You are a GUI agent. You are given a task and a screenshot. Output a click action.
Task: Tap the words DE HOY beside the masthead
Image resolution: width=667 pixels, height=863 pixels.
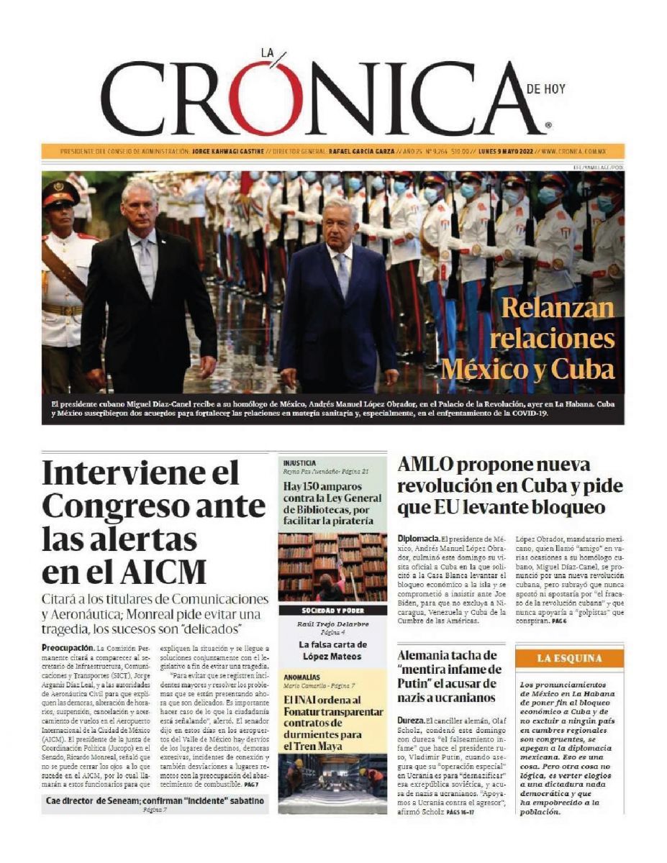pyautogui.click(x=545, y=89)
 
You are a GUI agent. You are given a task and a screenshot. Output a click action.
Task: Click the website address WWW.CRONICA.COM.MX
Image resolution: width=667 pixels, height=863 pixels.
pyautogui.click(x=576, y=152)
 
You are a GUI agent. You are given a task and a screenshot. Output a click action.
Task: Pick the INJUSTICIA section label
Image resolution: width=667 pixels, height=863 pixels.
pyautogui.click(x=300, y=463)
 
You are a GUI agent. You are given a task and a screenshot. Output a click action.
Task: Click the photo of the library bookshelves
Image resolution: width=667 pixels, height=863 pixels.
pyautogui.click(x=332, y=567)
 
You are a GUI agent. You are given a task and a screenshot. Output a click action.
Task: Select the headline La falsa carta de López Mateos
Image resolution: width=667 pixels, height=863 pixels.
pyautogui.click(x=332, y=650)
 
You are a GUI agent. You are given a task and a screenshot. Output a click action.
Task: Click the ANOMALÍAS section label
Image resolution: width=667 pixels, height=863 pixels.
pyautogui.click(x=301, y=677)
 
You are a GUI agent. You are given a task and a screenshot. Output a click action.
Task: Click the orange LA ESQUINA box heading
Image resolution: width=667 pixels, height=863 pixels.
pyautogui.click(x=569, y=658)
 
